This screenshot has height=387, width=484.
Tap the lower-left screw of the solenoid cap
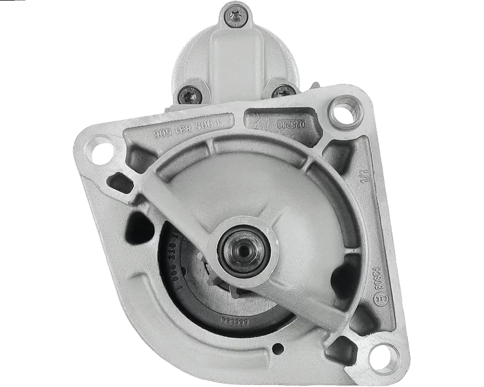[x=188, y=95]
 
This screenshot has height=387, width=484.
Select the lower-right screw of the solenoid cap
[x=283, y=92]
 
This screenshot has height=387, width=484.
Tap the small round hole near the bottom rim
[x=277, y=349]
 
